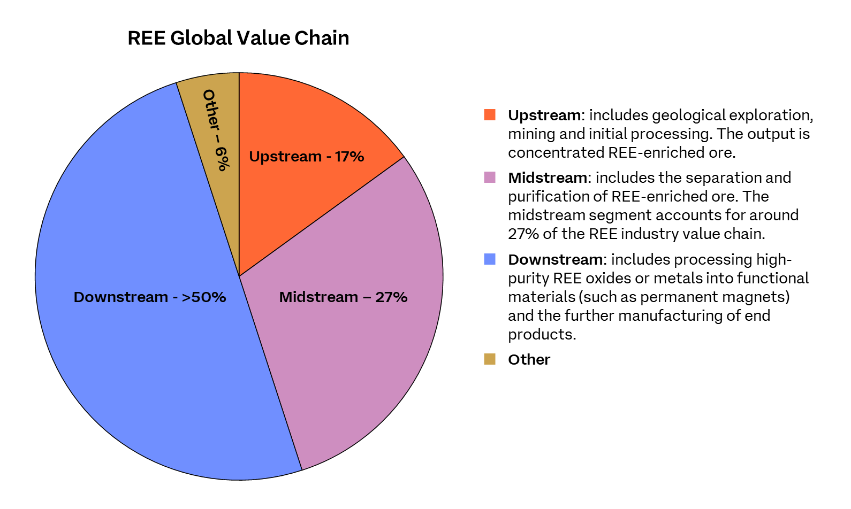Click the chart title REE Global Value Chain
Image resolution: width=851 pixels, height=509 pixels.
[x=238, y=38]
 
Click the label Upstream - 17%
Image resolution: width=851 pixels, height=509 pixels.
[x=307, y=157]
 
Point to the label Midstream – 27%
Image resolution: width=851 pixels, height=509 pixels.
[x=343, y=297]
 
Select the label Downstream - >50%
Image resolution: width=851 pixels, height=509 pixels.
[x=150, y=297]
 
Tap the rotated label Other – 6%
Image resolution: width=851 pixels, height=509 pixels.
[x=216, y=130]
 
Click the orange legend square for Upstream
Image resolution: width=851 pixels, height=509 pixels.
[x=490, y=115]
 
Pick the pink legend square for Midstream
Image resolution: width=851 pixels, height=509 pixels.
[x=490, y=178]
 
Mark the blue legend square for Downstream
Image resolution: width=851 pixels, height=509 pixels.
[x=490, y=259]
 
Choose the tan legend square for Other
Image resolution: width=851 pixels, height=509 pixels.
[x=490, y=359]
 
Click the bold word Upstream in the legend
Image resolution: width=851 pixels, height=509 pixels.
[x=544, y=115]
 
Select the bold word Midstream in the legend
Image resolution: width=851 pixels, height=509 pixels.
[x=548, y=178]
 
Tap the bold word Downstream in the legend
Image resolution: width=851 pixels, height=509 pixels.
[x=556, y=260]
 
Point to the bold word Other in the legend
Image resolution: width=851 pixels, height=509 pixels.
[x=529, y=360]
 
